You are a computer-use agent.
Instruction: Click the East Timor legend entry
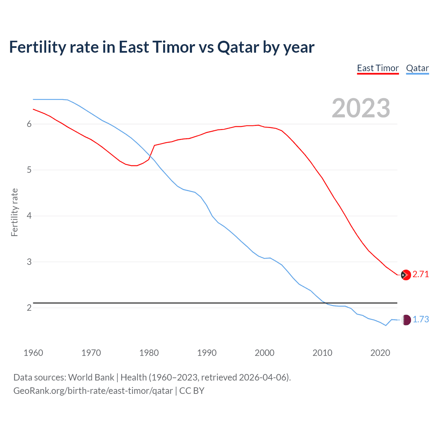coord(378,68)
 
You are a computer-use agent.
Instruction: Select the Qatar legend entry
coord(417,68)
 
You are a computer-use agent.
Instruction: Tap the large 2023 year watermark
coord(361,108)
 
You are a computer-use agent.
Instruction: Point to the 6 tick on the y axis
coord(29,124)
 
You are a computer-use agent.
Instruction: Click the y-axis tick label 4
coord(29,216)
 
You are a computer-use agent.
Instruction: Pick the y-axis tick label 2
coord(29,308)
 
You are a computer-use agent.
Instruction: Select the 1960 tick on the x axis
coord(33,353)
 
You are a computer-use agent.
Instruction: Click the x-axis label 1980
coord(149,353)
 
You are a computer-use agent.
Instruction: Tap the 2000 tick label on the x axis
coord(265,353)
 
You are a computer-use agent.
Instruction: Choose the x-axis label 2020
coord(380,353)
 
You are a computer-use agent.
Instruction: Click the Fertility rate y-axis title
coord(14,212)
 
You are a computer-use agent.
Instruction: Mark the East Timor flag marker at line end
coord(406,275)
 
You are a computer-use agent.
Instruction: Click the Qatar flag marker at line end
coord(406,320)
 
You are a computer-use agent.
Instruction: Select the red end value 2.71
coord(421,274)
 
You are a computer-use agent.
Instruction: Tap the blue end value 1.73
coord(421,320)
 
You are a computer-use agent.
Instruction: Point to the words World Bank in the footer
coord(91,377)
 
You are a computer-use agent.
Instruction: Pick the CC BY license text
coord(192,391)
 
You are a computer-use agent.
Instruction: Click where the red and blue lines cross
coord(150,156)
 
